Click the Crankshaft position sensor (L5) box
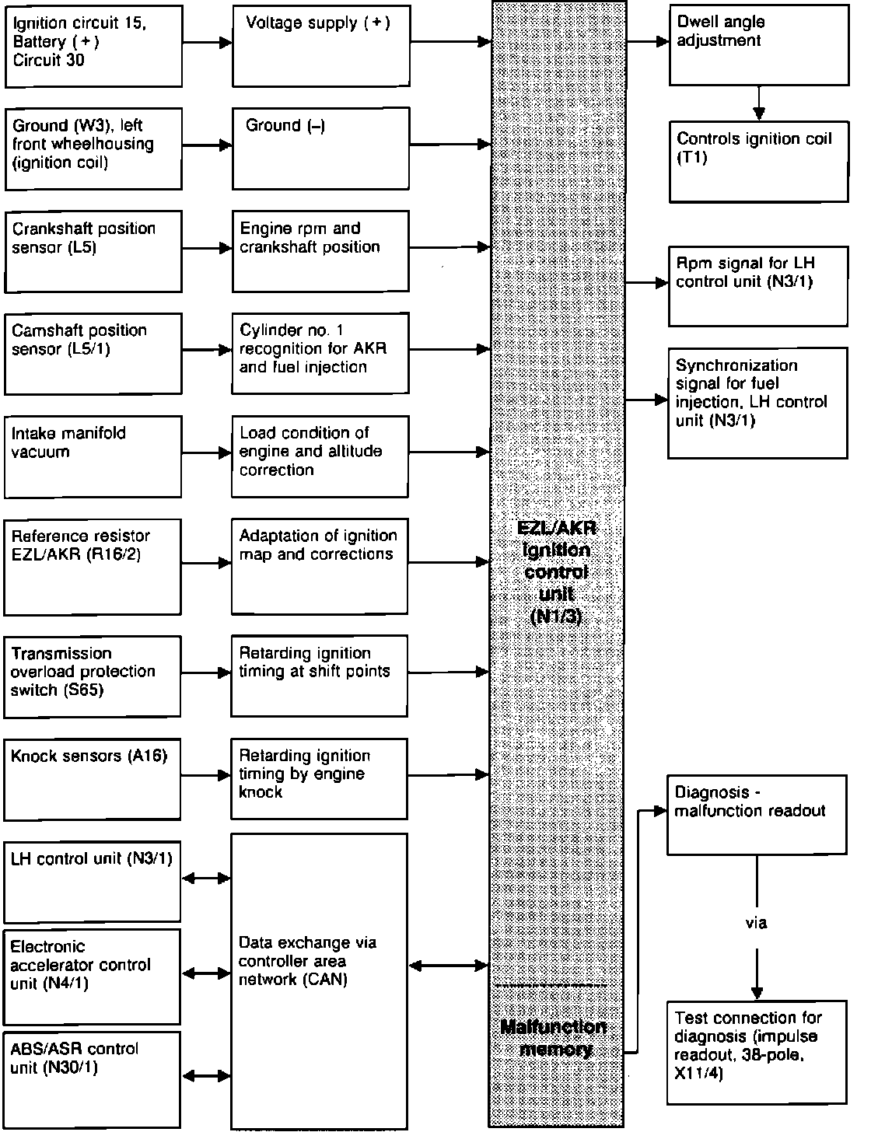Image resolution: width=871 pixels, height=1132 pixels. [x=93, y=252]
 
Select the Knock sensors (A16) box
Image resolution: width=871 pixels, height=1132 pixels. [x=93, y=779]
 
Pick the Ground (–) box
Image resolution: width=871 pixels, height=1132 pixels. [x=320, y=148]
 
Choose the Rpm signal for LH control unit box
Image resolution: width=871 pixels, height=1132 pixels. [x=758, y=285]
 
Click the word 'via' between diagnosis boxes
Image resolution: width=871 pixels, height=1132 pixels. [x=756, y=923]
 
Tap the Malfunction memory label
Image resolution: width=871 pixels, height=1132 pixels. [x=553, y=1038]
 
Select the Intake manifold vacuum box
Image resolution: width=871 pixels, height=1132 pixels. [x=93, y=456]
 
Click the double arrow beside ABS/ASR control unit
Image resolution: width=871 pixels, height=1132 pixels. [x=206, y=1076]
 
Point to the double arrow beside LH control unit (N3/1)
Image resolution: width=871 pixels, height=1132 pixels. [x=206, y=879]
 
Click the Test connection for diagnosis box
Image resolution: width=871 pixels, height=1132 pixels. [x=757, y=1053]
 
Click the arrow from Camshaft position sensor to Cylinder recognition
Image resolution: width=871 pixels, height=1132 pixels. [x=207, y=351]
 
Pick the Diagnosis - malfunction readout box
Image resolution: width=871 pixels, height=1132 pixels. [x=757, y=814]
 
